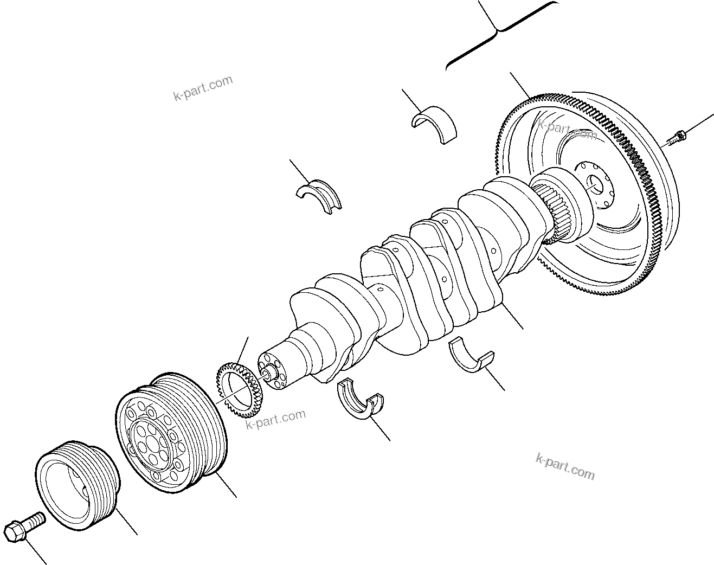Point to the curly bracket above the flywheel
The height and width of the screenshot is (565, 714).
(x=496, y=33)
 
